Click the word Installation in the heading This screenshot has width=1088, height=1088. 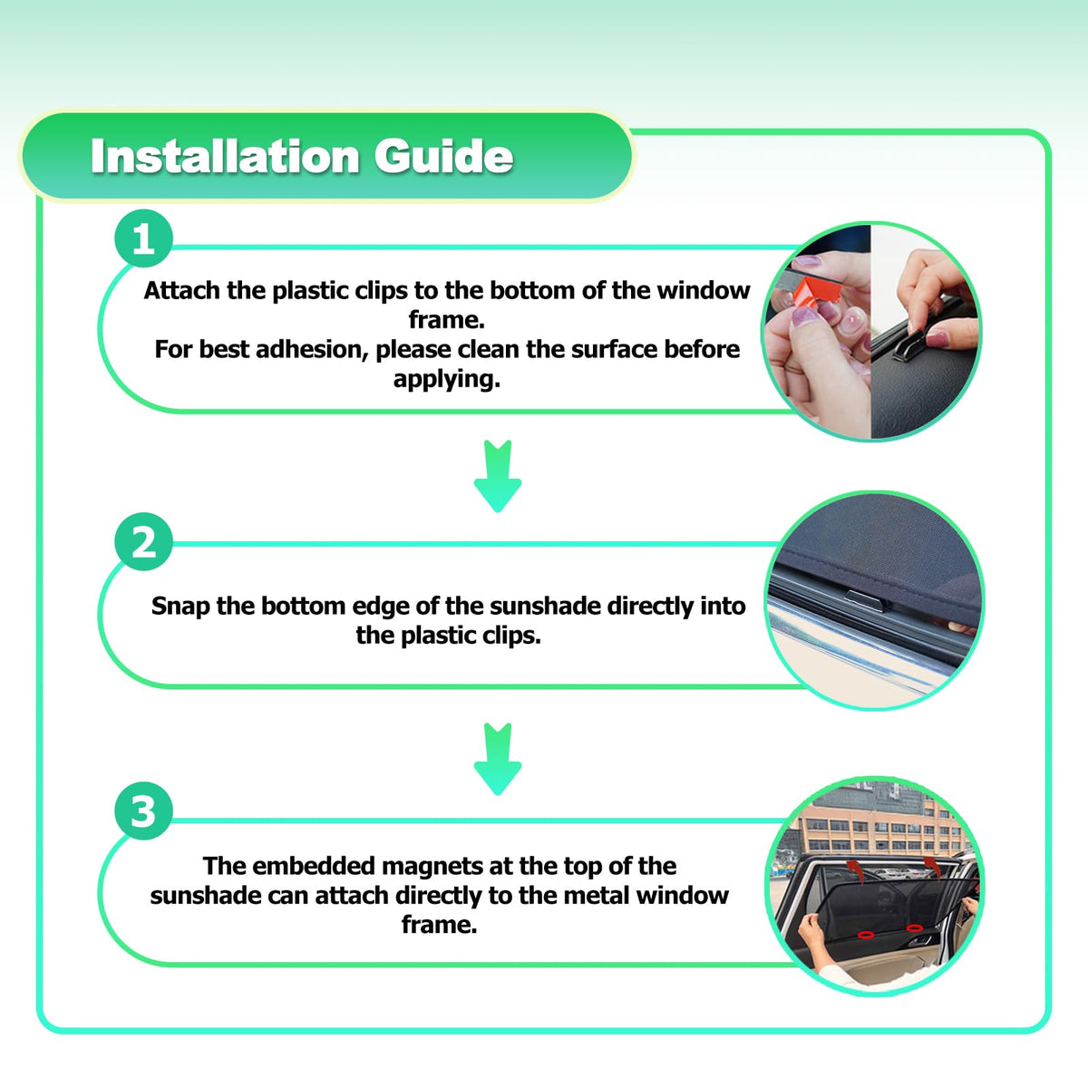[225, 156]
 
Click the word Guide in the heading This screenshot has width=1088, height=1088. [443, 156]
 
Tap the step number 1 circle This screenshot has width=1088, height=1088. [143, 238]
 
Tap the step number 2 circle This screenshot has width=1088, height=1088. [143, 541]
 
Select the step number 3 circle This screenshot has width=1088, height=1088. [143, 811]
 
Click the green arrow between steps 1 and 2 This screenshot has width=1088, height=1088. [498, 475]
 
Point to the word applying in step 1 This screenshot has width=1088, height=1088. [447, 380]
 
